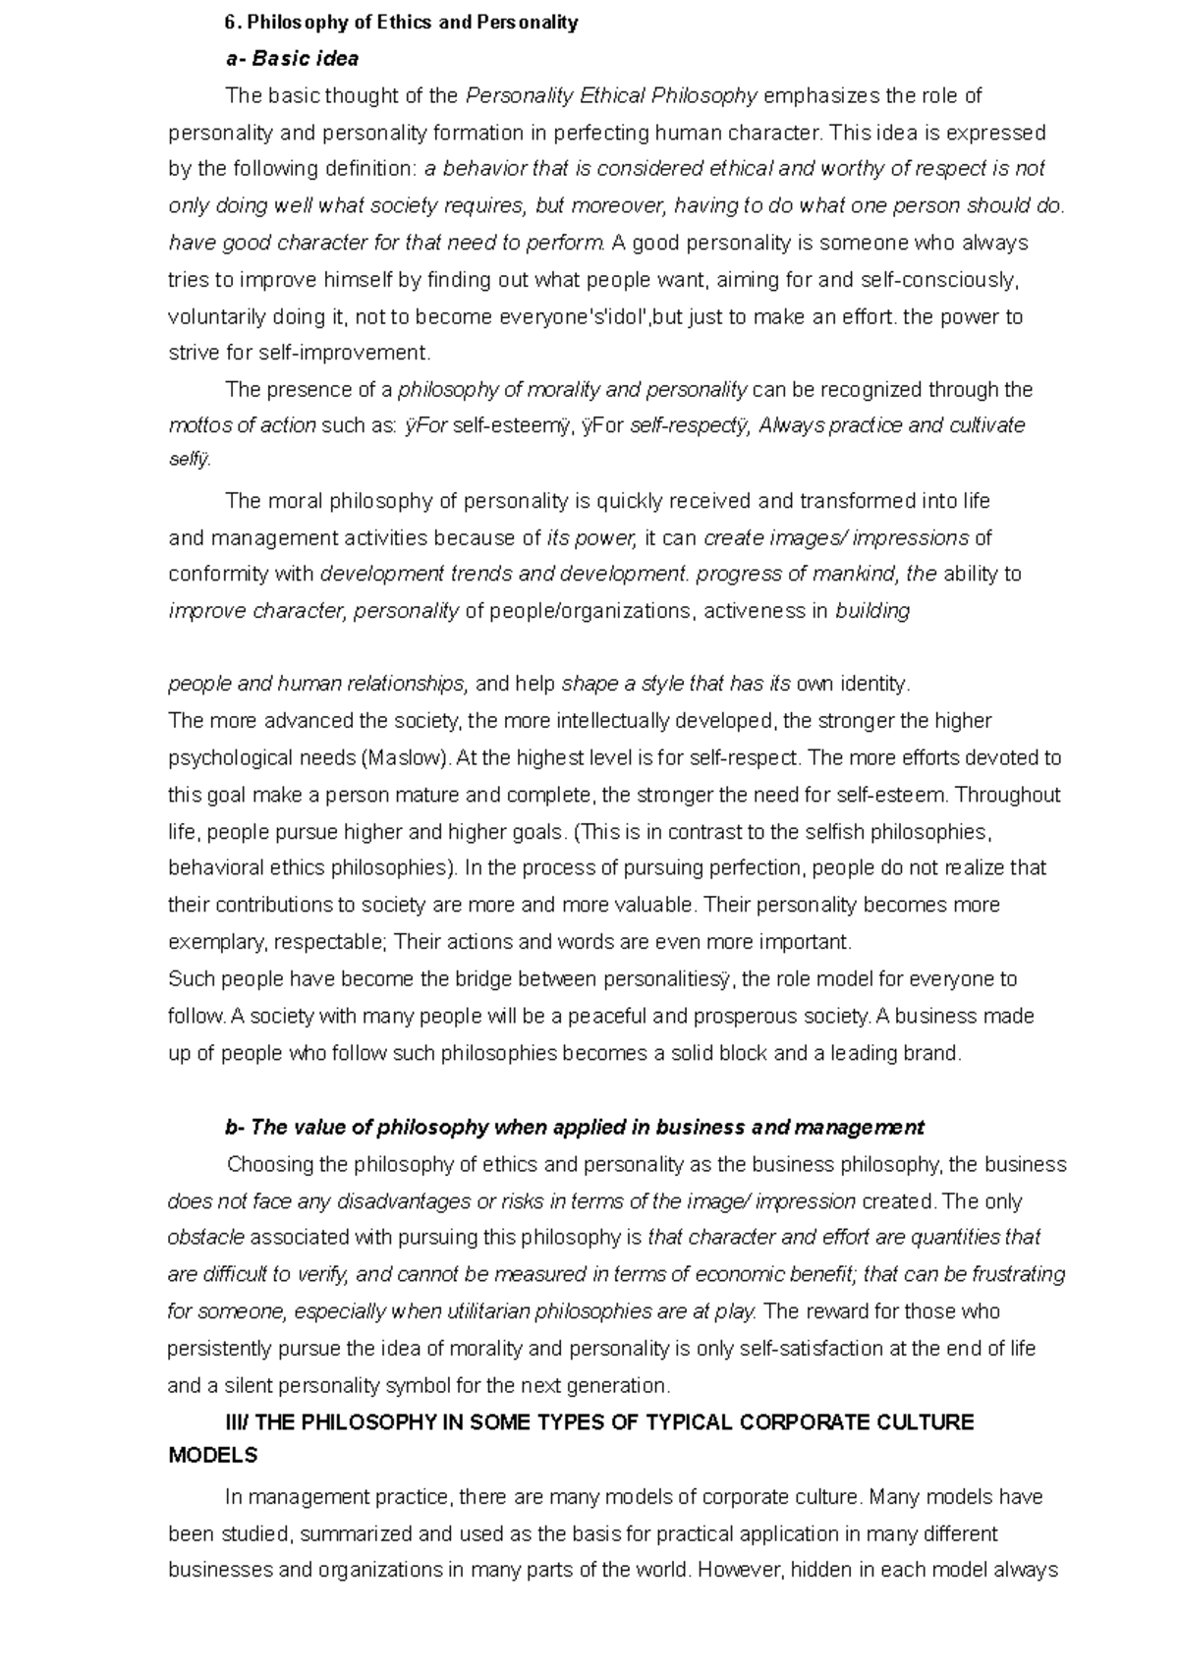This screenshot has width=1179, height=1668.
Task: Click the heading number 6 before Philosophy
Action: coord(230,22)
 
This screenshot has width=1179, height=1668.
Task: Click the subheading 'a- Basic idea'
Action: coord(292,59)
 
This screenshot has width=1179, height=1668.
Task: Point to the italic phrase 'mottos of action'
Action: coord(243,426)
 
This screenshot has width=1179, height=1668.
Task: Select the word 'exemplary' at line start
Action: coord(216,942)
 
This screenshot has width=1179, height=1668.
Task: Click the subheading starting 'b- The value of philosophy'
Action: coord(575,1127)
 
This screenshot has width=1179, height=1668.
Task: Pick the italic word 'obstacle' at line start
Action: coord(205,1238)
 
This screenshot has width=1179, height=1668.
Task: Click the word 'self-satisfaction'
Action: coord(812,1349)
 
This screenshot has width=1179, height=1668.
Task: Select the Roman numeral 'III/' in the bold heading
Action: coord(237,1422)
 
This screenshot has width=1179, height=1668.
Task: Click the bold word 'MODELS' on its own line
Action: coord(213,1456)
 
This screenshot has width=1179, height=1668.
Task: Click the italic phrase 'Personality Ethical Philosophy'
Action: coord(611,96)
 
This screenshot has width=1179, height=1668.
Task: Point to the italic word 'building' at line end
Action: coord(871,611)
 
